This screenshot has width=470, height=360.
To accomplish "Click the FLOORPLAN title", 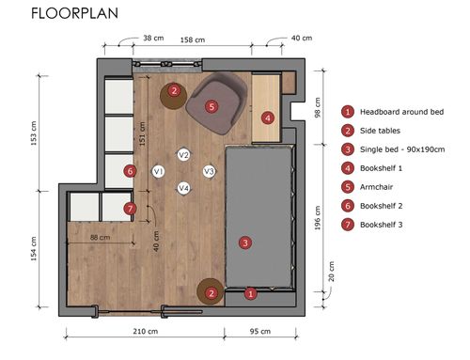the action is point(74,13).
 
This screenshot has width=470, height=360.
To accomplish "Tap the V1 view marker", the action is point(158,171).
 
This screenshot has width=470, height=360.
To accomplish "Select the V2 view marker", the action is point(183,155).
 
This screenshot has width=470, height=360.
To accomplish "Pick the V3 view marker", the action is point(209,171).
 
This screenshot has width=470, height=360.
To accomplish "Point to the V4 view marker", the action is point(183,188).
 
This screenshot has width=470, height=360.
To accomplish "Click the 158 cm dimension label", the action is point(193,40).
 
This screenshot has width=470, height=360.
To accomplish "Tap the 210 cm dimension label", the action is point(145,331).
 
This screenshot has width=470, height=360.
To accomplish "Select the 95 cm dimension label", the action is point(260,331).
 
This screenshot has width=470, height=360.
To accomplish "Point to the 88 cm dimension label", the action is point(100,237).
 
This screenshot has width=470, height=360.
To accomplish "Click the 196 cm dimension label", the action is point(318,218).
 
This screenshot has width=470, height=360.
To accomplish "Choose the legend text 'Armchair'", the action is point(376,187).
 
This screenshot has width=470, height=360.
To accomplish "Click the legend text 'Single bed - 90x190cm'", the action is point(402,149).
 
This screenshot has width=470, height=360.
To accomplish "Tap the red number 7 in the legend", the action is point(348,225).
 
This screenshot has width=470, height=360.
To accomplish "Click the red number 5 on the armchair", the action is point(211,106).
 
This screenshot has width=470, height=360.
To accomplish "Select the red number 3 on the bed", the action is point(245,243).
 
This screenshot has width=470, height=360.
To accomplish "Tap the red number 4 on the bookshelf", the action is point(268,118).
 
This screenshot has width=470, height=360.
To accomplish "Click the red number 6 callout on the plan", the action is point(130,171).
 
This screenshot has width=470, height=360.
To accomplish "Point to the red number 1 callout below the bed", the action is point(250,294).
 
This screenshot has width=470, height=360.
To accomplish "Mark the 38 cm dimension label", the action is point(153,38).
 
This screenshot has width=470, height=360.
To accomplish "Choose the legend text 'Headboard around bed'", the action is point(401,112).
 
